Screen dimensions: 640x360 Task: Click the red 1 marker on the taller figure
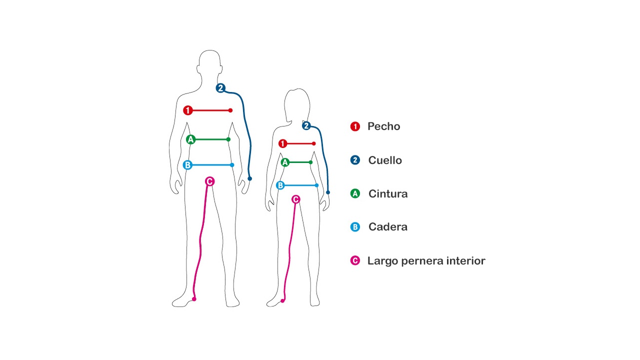[x=187, y=110]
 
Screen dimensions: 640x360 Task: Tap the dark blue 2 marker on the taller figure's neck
[x=220, y=88]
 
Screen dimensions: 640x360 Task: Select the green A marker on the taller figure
[x=190, y=139]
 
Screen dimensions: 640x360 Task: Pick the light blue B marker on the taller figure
[x=187, y=165]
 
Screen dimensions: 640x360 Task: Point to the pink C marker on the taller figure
[x=209, y=181]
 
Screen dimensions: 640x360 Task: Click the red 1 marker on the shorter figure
[x=282, y=143]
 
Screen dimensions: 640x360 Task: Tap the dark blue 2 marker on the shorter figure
[x=306, y=125]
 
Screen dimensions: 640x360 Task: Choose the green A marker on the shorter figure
[x=285, y=162]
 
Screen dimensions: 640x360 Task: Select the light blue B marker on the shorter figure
[x=280, y=185]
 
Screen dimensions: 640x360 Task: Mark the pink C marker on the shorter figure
[x=295, y=199]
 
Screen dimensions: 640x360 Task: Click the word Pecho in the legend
[x=383, y=126]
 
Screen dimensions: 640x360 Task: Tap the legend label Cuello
[x=385, y=160]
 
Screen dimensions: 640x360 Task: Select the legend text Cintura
[x=388, y=193]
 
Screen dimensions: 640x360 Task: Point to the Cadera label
[x=387, y=227]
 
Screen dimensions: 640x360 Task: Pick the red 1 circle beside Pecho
[x=355, y=126]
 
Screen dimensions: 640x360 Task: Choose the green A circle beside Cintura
[x=355, y=193]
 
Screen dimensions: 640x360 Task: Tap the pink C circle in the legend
[x=355, y=260]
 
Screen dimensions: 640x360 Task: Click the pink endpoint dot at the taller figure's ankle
[x=194, y=299]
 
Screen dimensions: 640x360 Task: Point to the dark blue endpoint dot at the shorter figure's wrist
[x=328, y=192]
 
